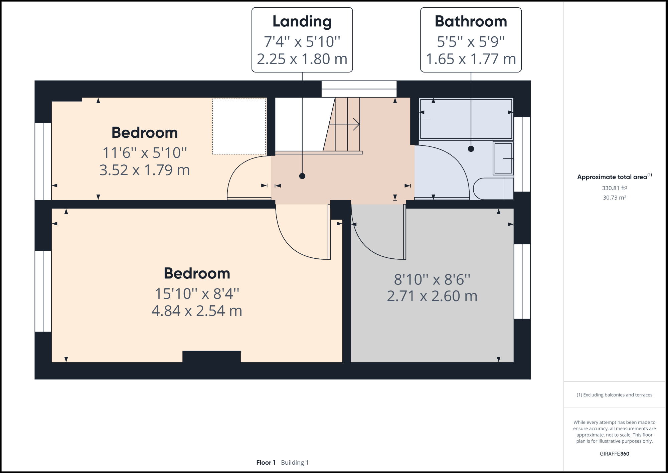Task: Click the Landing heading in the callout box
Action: tap(302, 21)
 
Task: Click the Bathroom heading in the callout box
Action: tap(471, 21)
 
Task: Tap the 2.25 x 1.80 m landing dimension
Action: tap(302, 59)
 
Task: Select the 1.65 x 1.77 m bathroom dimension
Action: tap(471, 59)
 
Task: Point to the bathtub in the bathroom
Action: tap(466, 119)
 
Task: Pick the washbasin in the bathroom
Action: tap(503, 158)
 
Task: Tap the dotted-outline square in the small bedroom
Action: tap(239, 126)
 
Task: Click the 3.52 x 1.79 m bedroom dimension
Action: tap(144, 170)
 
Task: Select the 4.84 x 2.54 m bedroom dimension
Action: tap(197, 311)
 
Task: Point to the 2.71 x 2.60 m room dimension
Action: tap(432, 296)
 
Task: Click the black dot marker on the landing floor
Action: tap(302, 176)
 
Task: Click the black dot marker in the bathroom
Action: tap(471, 149)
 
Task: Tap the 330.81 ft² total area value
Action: tap(614, 188)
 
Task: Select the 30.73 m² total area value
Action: tap(614, 198)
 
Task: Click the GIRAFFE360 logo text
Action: tap(614, 454)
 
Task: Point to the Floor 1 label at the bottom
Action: tap(266, 463)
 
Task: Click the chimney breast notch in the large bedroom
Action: tap(211, 356)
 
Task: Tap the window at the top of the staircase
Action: tap(359, 89)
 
